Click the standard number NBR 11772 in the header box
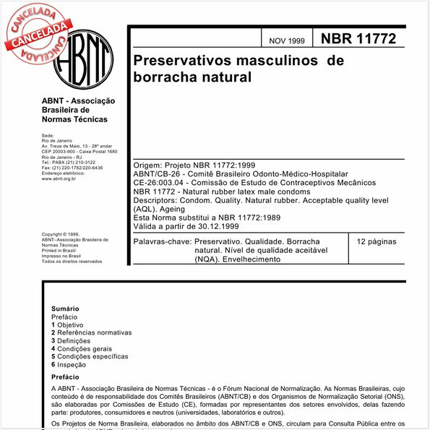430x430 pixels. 358,39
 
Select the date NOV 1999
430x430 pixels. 287,41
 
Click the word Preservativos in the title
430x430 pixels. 188,61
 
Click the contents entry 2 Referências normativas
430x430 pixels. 92,333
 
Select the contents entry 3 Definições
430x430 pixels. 71,341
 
